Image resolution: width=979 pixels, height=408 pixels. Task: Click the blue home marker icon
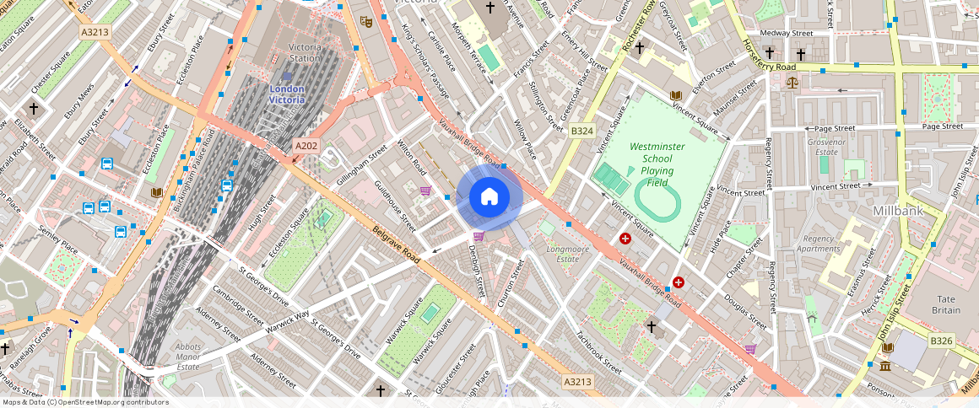coord(489,198)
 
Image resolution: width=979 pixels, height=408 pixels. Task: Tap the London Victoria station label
coord(286,94)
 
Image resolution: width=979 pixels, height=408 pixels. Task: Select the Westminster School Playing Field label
coord(656,164)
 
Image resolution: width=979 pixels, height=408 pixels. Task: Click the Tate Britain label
coord(945,304)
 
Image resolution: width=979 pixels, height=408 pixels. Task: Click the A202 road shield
coord(306,147)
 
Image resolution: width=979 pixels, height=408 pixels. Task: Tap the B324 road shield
coord(581,131)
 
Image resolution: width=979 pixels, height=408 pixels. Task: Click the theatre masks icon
coord(366,21)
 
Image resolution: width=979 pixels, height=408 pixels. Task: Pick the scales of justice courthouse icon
coord(792,83)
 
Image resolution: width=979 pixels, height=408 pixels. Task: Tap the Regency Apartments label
coord(818,244)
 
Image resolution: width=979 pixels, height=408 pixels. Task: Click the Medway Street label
coord(786,33)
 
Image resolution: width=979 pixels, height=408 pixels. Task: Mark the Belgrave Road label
coord(396,244)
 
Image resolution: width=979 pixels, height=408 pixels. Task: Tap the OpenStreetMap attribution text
coord(85,402)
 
